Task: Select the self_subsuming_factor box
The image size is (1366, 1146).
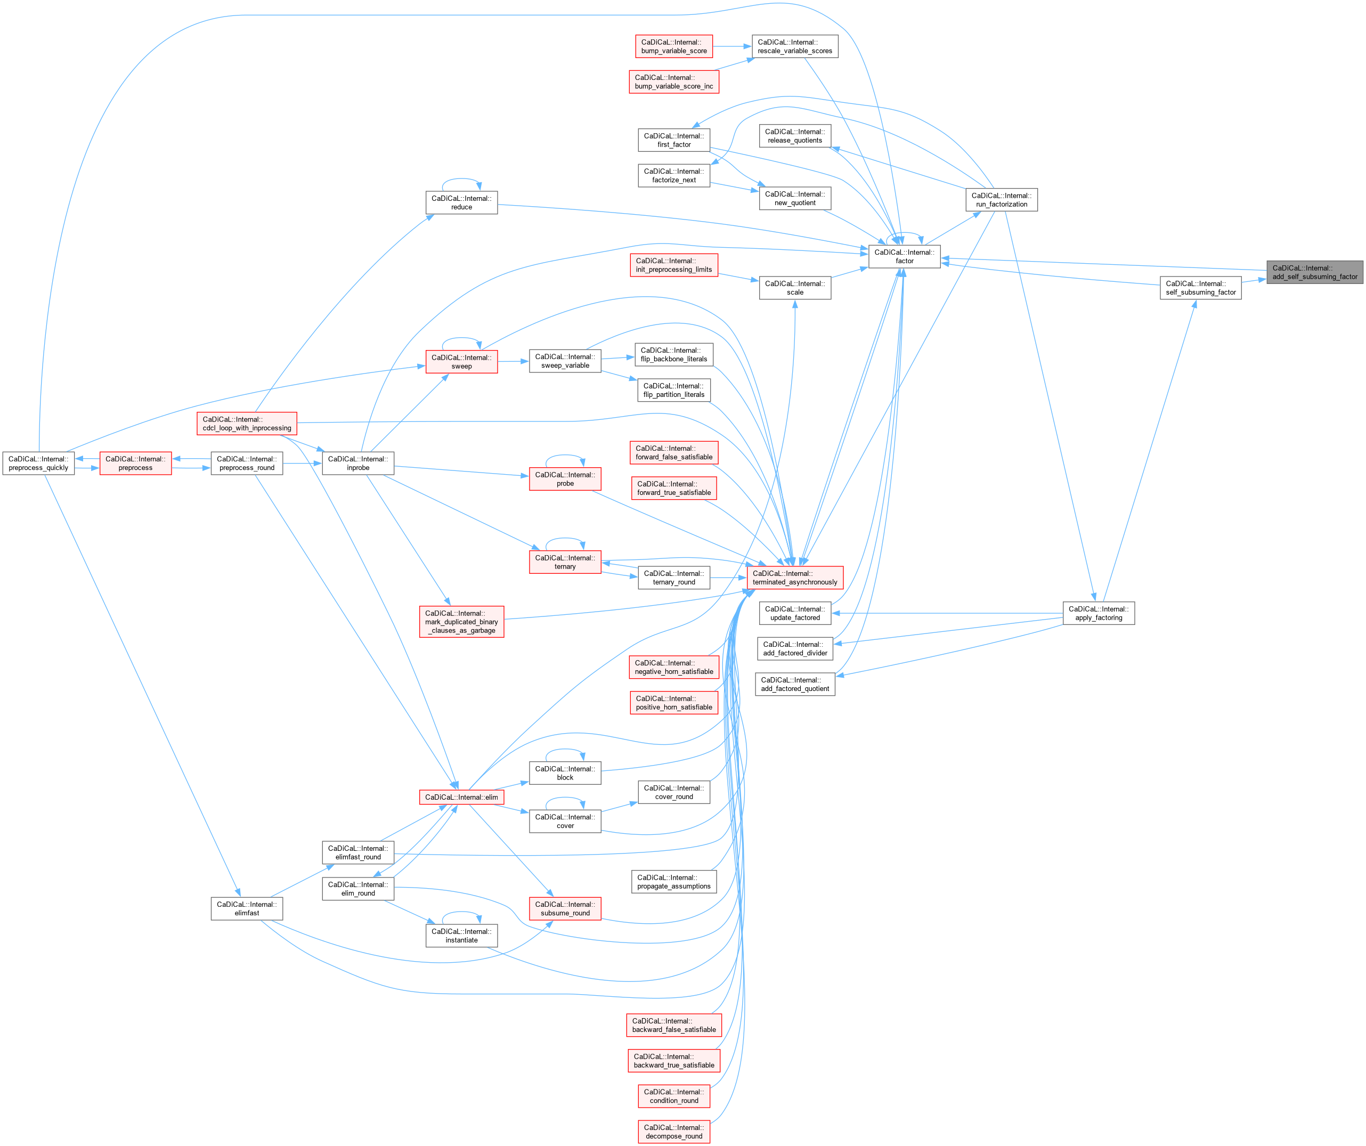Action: click(1200, 288)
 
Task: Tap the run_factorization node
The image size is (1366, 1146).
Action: click(1001, 200)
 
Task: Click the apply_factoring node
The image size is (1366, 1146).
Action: click(1098, 613)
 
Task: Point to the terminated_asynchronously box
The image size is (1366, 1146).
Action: click(794, 578)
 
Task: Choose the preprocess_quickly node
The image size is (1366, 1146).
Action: click(38, 463)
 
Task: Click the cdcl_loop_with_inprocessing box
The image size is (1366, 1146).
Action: click(247, 424)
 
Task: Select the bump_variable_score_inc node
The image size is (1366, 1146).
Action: click(673, 82)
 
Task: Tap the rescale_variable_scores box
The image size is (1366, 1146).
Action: click(794, 46)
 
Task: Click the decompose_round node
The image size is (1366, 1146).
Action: click(673, 1132)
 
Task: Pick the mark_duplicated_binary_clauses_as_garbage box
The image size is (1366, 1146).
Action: click(461, 622)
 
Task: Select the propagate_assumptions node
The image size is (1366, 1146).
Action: click(673, 882)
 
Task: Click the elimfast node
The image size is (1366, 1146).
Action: click(247, 908)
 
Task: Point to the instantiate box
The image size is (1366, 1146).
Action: click(461, 936)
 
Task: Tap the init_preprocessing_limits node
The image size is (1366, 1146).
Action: click(673, 265)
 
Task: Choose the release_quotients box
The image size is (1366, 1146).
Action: click(794, 136)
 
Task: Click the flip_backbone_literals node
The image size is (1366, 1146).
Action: click(673, 354)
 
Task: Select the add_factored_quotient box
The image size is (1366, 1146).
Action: click(794, 684)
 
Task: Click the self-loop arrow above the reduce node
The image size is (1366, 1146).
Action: click(461, 180)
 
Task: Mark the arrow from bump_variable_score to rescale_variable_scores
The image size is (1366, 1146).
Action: click(733, 46)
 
